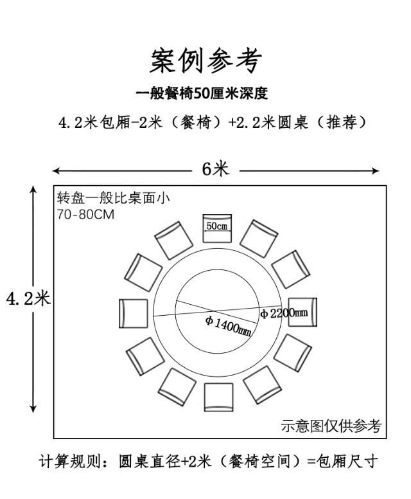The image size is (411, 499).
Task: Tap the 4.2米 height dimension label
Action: pyautogui.click(x=28, y=298)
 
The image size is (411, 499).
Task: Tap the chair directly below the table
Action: pyautogui.click(x=218, y=396)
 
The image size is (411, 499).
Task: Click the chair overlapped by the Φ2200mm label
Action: pyautogui.click(x=302, y=312)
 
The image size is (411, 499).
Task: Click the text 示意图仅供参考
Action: pyautogui.click(x=331, y=426)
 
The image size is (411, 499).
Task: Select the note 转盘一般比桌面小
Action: pyautogui.click(x=112, y=199)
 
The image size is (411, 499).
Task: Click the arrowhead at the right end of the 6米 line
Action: pyautogui.click(x=376, y=170)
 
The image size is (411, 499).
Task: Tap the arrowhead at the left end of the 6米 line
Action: pyautogui.click(x=56, y=170)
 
